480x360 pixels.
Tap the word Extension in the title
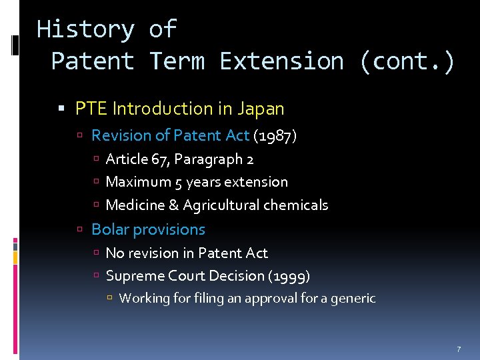tap(282, 61)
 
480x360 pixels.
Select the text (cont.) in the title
tap(407, 61)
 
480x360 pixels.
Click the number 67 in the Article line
tap(160, 160)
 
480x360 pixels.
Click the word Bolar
tap(108, 229)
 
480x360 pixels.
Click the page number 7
tap(459, 349)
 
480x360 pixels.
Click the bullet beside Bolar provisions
tap(79, 230)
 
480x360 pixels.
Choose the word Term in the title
tap(177, 61)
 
